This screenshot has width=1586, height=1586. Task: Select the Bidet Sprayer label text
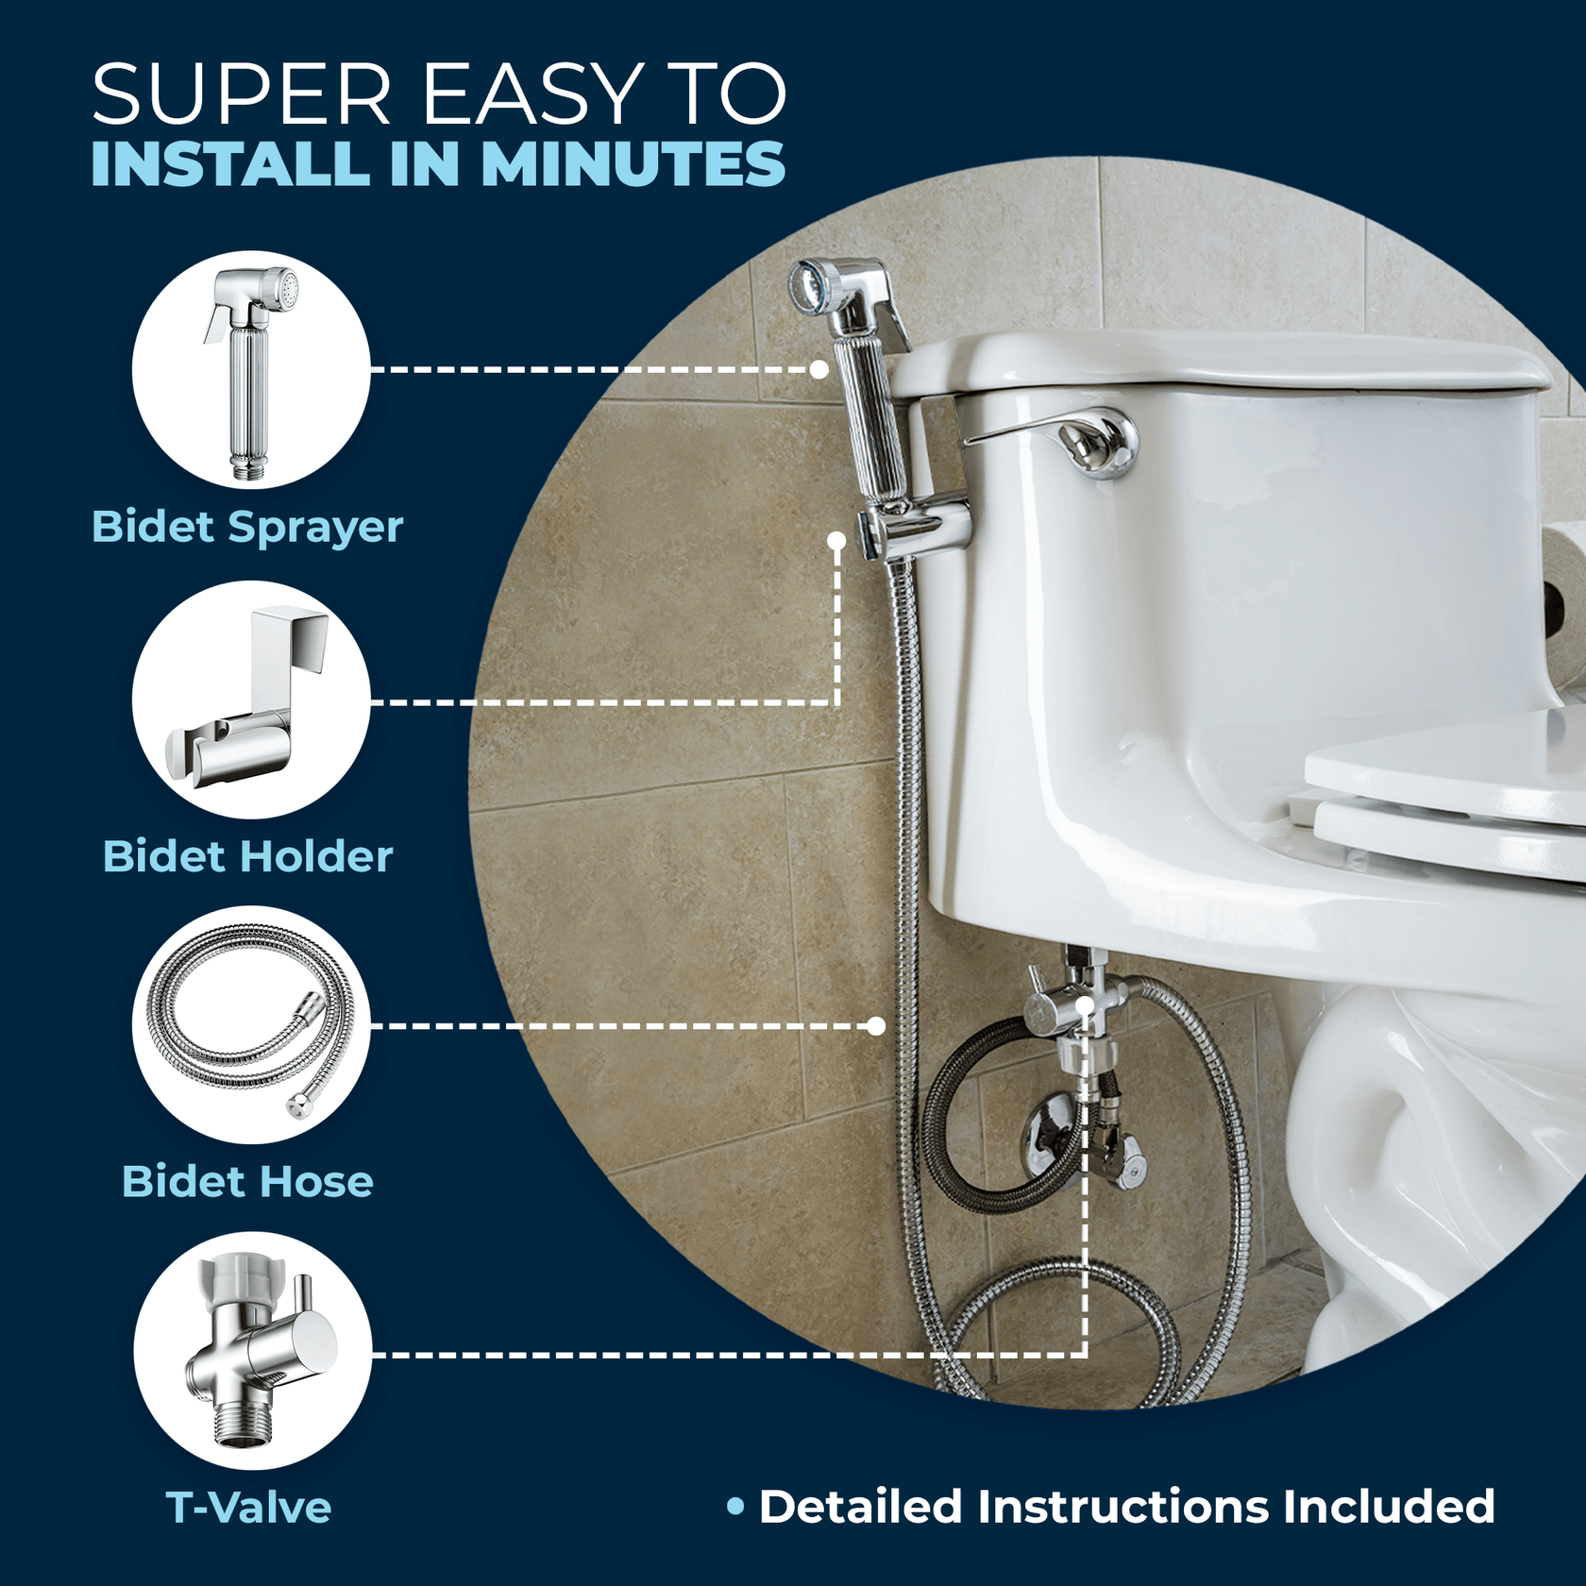[x=247, y=527]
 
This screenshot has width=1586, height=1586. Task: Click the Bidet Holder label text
[x=247, y=857]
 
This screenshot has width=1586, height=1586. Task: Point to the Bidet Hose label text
[x=247, y=1182]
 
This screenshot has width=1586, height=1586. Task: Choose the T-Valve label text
[x=248, y=1508]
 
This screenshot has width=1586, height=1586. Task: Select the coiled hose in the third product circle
[x=250, y=1025]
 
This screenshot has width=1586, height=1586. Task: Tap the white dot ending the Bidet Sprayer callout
[x=819, y=369]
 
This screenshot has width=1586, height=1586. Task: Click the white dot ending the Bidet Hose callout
[x=876, y=1026]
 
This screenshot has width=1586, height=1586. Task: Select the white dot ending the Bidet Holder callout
[x=836, y=541]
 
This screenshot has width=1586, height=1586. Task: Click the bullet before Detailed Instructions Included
[x=736, y=1507]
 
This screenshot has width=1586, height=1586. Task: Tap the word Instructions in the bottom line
[x=1123, y=1507]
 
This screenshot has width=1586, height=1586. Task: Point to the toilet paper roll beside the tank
[x=1567, y=604]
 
